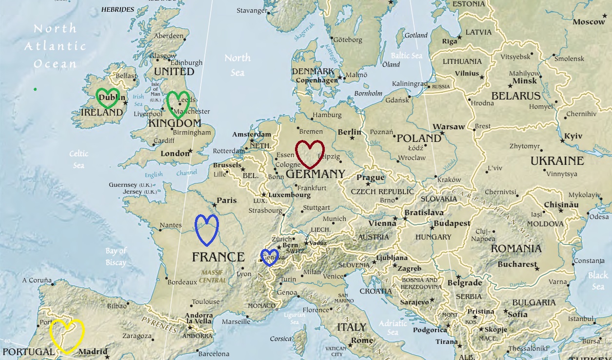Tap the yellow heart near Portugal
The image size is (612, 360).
coord(67,335)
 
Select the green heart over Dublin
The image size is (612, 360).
coord(108,98)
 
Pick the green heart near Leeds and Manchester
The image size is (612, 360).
coord(178,103)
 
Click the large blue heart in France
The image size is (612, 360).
coord(207,229)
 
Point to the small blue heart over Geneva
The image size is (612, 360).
coord(269,257)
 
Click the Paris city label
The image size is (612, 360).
coord(227,200)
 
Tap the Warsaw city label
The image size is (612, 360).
coord(449,127)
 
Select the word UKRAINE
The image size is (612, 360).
coord(557,161)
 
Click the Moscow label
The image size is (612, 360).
coord(589,22)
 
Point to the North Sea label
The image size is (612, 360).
coord(237,65)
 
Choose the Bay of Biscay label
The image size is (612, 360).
coord(116,257)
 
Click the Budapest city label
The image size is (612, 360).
coord(452,223)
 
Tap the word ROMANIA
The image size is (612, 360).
coord(516,249)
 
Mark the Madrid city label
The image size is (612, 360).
coord(93,352)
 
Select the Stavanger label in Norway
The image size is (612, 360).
coord(252,10)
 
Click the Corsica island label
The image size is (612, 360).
coord(281,339)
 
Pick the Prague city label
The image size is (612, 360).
coord(371,178)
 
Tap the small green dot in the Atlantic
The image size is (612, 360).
coord(35,89)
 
